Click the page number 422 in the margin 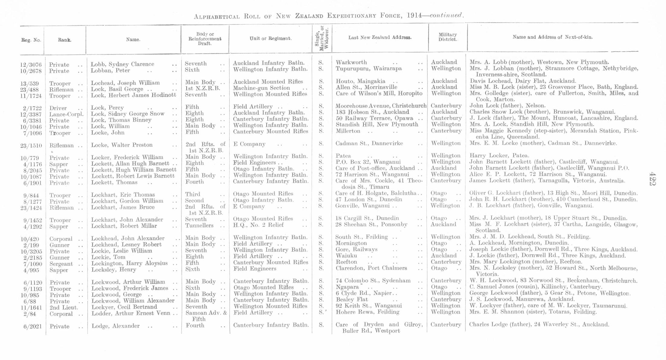[x=652, y=179]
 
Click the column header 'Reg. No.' [x=31, y=40]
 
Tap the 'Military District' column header [x=448, y=37]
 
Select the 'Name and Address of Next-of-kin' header [x=552, y=37]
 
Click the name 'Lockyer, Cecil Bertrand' [x=124, y=307]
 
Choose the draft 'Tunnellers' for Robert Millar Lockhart [x=199, y=226]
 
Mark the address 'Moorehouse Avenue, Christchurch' [x=381, y=106]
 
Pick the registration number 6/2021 [x=32, y=326]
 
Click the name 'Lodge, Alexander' [x=116, y=326]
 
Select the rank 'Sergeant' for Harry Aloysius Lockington [x=61, y=264]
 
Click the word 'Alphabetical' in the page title [x=217, y=16]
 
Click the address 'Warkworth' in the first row [x=351, y=62]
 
